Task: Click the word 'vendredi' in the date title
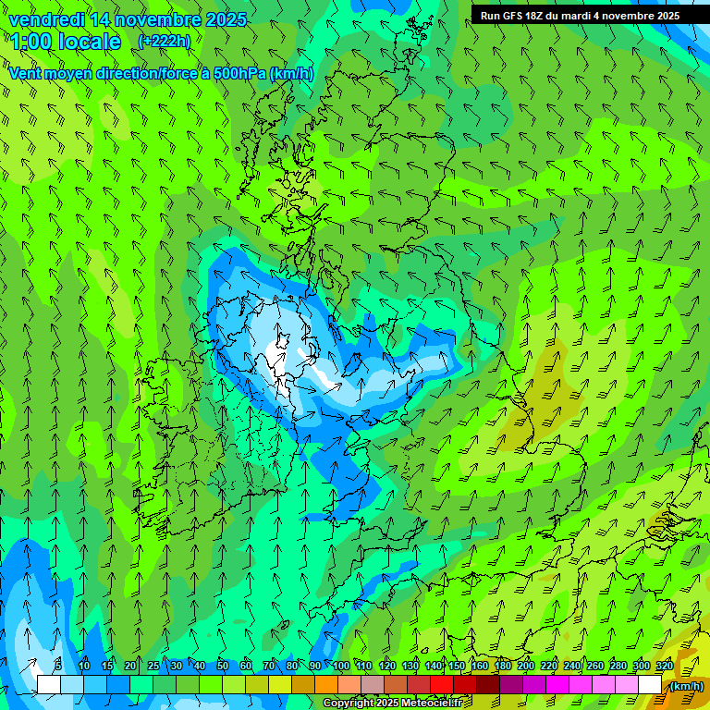tap(46, 19)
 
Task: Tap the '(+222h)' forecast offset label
tap(164, 41)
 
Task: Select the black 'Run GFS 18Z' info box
tap(580, 15)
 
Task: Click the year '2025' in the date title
tap(220, 19)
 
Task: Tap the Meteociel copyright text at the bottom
tap(399, 704)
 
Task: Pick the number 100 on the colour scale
tap(340, 666)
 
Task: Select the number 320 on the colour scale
tap(664, 666)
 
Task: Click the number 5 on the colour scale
tap(58, 666)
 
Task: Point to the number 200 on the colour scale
tap(525, 666)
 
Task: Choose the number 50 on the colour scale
tap(223, 666)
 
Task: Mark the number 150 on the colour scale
tap(456, 666)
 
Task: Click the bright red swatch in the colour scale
tap(442, 685)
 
